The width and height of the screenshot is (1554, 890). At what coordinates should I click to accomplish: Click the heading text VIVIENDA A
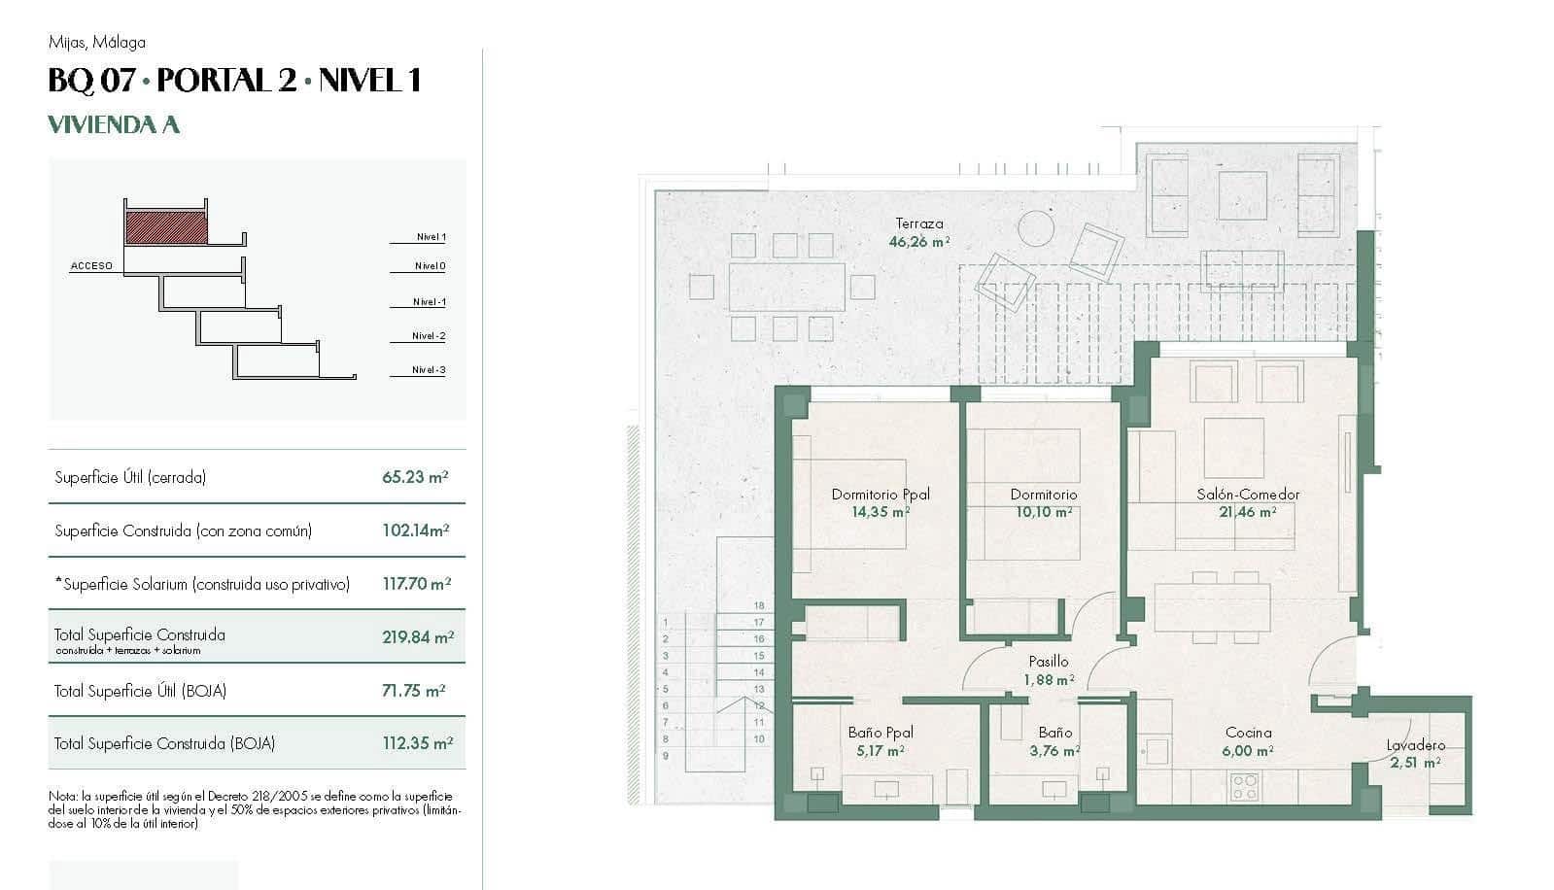[x=114, y=124]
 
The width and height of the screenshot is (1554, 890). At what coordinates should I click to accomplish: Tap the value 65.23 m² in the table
[x=415, y=477]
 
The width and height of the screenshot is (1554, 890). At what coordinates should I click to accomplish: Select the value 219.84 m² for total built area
[x=418, y=637]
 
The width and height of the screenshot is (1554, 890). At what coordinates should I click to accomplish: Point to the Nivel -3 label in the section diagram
[x=428, y=370]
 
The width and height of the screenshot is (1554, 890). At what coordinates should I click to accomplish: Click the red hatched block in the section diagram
[x=166, y=227]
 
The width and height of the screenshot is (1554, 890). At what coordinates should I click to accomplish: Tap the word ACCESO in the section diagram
[x=91, y=266]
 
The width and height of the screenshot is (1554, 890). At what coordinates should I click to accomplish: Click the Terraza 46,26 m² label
[x=918, y=233]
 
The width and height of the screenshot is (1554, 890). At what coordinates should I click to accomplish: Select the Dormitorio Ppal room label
[x=881, y=495]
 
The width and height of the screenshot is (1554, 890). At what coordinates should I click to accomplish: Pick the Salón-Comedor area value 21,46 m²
[x=1247, y=511]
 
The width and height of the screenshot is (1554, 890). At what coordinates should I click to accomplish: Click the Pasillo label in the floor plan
[x=1049, y=662]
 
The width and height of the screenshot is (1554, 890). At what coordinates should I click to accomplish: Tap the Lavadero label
[x=1415, y=745]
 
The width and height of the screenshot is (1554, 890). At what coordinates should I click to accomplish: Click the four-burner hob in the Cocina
[x=1244, y=785]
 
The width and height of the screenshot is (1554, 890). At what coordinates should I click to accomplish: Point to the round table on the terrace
[x=1036, y=229]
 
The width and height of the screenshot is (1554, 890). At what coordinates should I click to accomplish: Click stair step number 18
[x=759, y=605]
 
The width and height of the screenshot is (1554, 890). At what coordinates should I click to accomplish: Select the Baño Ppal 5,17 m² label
[x=881, y=740]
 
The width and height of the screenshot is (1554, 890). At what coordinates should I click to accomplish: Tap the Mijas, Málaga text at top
[x=97, y=43]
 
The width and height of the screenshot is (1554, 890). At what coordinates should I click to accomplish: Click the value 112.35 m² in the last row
[x=418, y=743]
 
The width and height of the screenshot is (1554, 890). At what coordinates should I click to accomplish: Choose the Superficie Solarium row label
[x=202, y=584]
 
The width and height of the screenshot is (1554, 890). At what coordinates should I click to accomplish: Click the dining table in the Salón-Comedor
[x=1212, y=608]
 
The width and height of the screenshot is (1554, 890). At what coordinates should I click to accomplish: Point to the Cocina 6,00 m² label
[x=1248, y=741]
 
